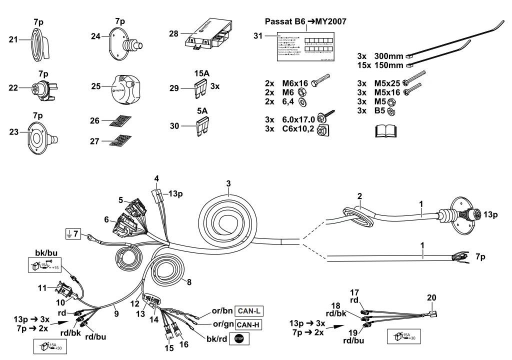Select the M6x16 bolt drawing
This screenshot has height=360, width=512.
coord(320,82)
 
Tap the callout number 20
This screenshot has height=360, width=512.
coord(431,297)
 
